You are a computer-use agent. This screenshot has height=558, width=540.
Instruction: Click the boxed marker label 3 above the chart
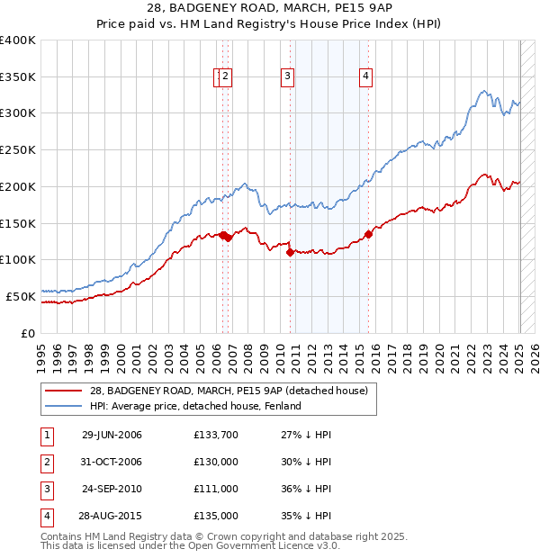287,77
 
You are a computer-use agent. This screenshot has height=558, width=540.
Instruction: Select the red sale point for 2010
290,253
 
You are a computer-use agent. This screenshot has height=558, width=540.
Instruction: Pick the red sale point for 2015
369,235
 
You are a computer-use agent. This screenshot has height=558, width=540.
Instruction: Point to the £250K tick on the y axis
20,150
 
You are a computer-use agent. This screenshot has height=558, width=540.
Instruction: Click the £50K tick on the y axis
22,296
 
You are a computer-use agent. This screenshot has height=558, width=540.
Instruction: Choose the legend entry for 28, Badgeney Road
229,391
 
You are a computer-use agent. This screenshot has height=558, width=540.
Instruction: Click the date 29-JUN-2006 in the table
112,435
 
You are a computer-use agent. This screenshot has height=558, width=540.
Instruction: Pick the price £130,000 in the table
216,462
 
